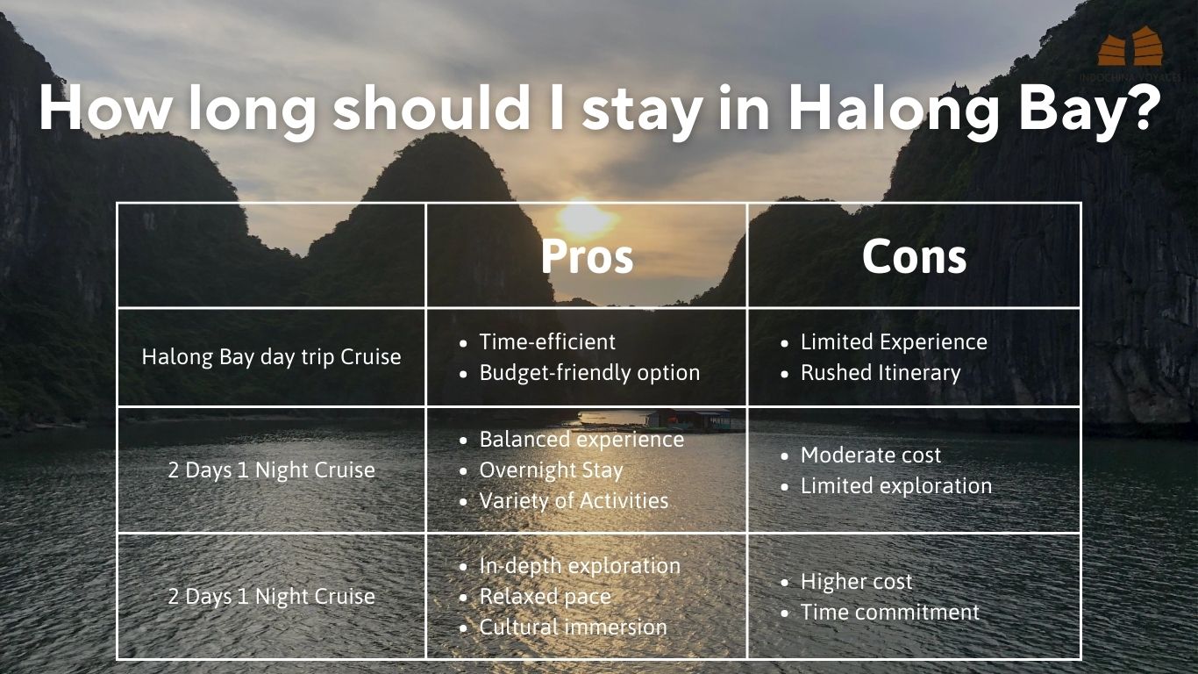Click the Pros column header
point(587,256)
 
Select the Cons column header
point(914,256)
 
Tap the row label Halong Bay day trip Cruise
point(271,357)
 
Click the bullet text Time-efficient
point(547,341)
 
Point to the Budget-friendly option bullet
point(589,373)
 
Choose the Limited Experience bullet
point(894,341)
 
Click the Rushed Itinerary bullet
point(881,373)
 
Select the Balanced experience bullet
point(581,440)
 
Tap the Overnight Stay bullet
point(551,470)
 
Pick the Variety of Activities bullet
point(574,501)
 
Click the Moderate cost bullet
point(870,455)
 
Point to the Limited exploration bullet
point(895,486)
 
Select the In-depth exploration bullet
point(580,566)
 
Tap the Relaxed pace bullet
point(545,597)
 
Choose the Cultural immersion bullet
point(573,627)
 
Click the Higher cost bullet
point(856,581)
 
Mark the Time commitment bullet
point(889,612)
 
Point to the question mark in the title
point(1145,106)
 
